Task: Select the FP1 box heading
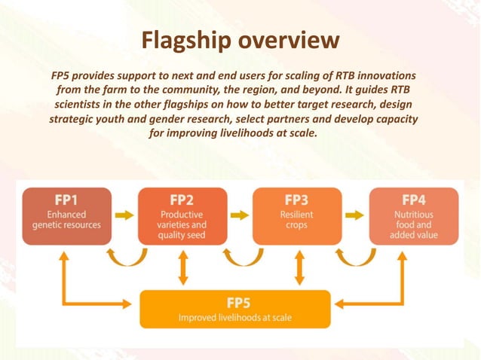(66, 200)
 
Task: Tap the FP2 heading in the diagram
(181, 200)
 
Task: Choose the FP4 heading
(413, 200)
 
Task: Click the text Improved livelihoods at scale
(235, 318)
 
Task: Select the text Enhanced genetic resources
(66, 220)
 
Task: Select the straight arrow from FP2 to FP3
(240, 215)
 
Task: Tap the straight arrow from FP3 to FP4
(354, 215)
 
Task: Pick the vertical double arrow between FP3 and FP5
(299, 267)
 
